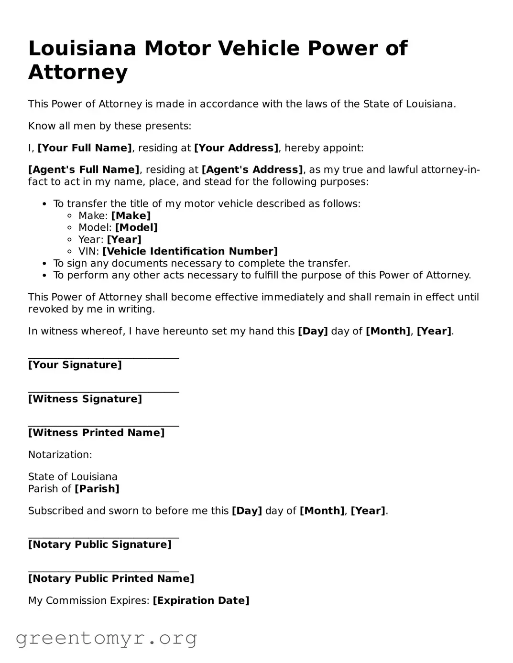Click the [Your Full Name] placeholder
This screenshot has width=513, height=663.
click(x=85, y=148)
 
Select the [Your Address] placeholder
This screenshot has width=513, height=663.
click(x=236, y=148)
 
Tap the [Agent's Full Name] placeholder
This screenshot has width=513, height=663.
click(x=84, y=170)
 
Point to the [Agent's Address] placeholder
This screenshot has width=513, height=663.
click(x=252, y=170)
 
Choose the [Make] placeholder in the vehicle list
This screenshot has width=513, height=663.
click(x=131, y=216)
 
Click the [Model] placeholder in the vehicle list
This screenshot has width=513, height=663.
click(x=136, y=228)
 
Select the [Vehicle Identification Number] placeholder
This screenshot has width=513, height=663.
click(x=190, y=252)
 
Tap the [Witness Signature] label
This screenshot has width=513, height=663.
click(x=85, y=399)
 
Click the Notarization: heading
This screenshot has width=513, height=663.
click(x=60, y=455)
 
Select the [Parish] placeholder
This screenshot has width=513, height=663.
click(x=97, y=489)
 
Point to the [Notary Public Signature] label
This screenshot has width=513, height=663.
click(x=99, y=545)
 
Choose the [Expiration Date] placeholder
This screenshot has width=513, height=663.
click(x=201, y=600)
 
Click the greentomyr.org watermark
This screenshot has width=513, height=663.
click(x=106, y=638)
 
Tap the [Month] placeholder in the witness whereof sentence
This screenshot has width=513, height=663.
click(x=388, y=331)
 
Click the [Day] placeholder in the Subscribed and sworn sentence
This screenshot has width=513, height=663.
click(x=247, y=511)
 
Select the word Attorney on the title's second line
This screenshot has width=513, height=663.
click(x=78, y=72)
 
